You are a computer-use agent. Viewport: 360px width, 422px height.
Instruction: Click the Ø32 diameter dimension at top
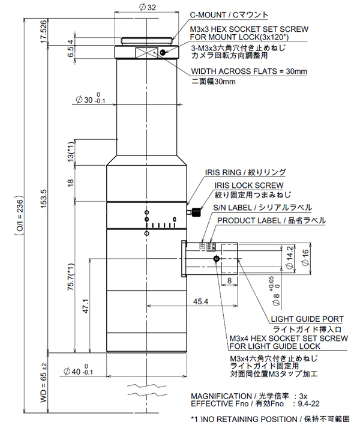coord(147,7)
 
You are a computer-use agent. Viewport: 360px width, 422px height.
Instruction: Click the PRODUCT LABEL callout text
coord(271,220)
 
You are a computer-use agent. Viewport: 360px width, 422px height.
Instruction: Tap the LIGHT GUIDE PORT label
coord(307,319)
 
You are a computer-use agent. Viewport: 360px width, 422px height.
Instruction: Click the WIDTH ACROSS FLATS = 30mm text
coord(249,71)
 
